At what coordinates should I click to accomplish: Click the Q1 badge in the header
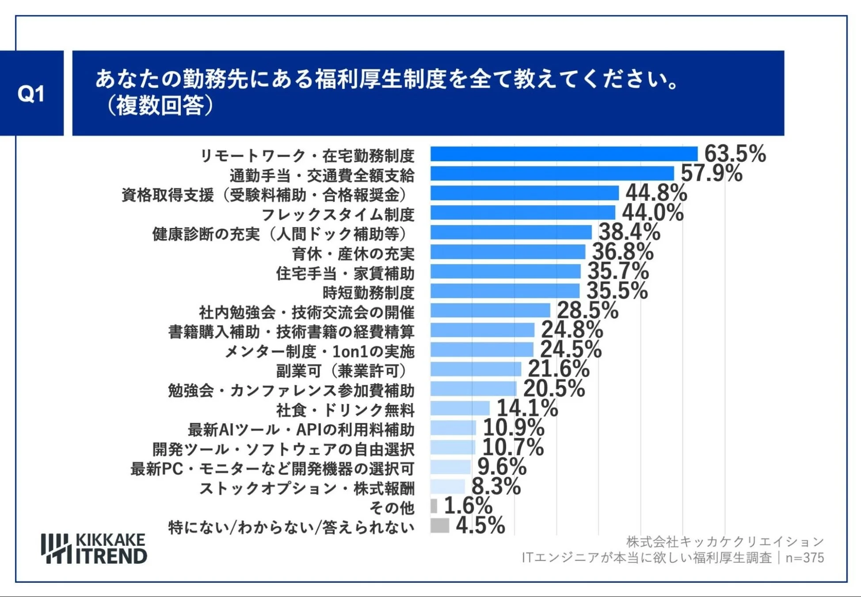click(x=31, y=93)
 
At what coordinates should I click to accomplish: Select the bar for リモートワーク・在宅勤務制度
click(x=564, y=154)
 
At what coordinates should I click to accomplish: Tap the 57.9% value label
click(x=711, y=173)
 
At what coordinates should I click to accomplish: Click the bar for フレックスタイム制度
click(x=522, y=212)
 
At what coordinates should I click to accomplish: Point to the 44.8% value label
click(x=656, y=193)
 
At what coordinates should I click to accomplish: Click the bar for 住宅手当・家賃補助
click(x=505, y=271)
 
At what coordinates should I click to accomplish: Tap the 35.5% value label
click(x=617, y=291)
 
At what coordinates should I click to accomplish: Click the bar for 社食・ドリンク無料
click(x=460, y=408)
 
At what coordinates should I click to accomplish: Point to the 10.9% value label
click(x=513, y=427)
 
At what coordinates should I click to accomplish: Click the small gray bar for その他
click(x=434, y=505)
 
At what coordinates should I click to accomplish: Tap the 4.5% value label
click(x=480, y=525)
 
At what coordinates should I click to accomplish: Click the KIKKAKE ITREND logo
click(x=94, y=548)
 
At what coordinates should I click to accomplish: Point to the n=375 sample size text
click(x=804, y=558)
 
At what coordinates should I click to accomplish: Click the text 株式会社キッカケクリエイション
click(x=725, y=541)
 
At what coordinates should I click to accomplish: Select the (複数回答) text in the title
click(x=160, y=106)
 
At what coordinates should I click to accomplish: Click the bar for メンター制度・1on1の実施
click(x=482, y=349)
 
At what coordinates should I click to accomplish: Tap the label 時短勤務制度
click(x=368, y=293)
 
